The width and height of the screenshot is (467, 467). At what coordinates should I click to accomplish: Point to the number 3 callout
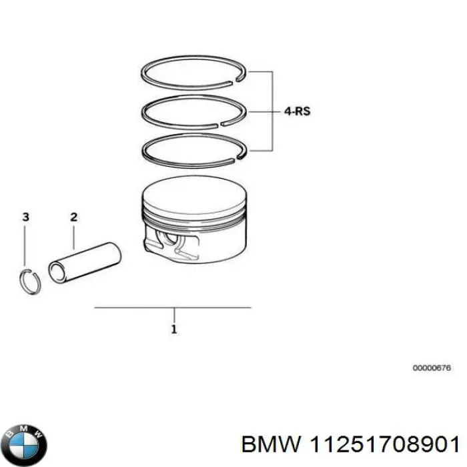[25, 217]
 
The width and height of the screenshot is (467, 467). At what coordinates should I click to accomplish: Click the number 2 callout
[73, 217]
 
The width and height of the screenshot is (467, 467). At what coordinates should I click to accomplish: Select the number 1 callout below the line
[173, 329]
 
